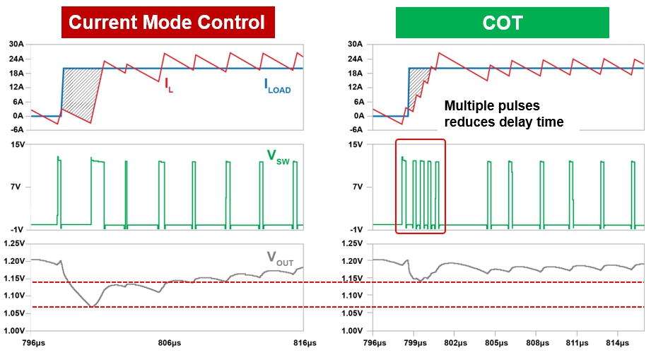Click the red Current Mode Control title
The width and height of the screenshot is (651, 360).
[168, 23]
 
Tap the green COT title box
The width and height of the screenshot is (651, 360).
[502, 23]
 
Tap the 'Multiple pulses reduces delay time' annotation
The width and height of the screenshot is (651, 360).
[503, 114]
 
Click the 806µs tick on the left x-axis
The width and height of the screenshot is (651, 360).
[168, 342]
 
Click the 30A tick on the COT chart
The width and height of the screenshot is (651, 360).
[356, 44]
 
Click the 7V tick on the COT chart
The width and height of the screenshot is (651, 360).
[357, 187]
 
